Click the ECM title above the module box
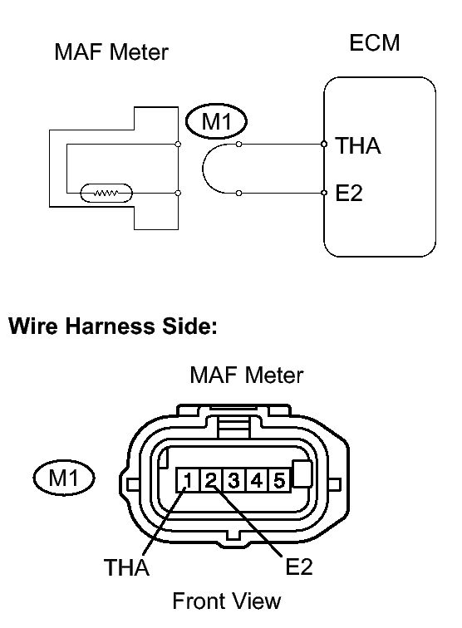click(x=375, y=43)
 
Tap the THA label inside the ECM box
click(x=358, y=145)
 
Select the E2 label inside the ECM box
click(x=349, y=193)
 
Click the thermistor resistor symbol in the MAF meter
click(x=106, y=193)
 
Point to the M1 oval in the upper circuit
click(x=216, y=121)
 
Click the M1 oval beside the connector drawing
click(x=64, y=478)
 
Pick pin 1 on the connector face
click(x=188, y=480)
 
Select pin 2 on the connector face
click(x=211, y=480)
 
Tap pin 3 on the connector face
click(x=233, y=480)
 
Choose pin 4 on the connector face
click(x=257, y=480)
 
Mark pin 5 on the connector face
click(x=279, y=480)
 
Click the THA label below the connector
click(x=126, y=567)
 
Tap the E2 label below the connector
click(x=299, y=567)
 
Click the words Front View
click(x=227, y=601)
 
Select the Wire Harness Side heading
click(x=113, y=326)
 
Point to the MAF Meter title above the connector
click(x=247, y=375)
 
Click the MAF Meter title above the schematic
click(x=111, y=52)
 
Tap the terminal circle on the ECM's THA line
click(x=324, y=145)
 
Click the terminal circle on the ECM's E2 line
click(x=324, y=193)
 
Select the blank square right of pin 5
click(x=302, y=473)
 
